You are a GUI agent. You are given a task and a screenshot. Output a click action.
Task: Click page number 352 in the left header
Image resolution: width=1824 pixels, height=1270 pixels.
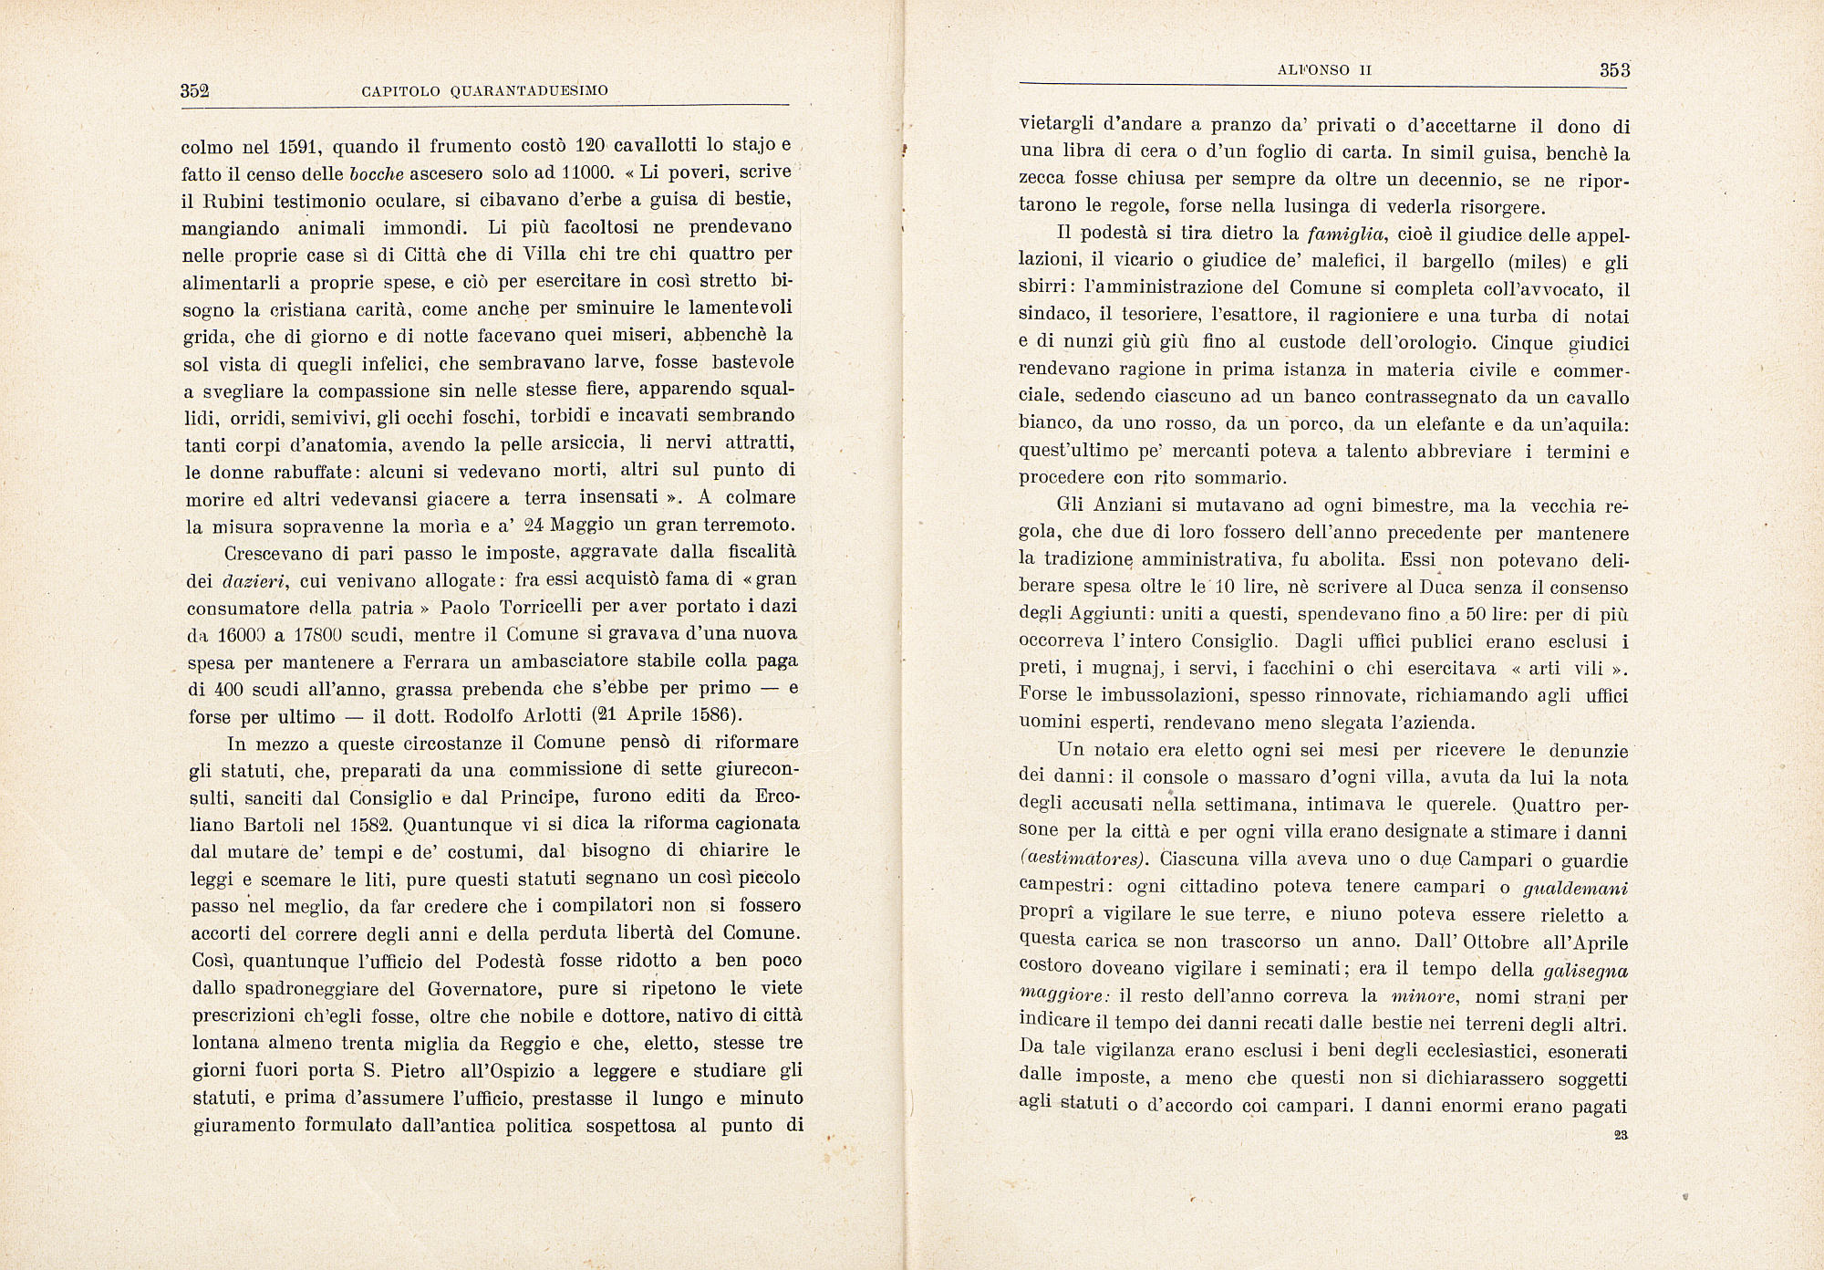coord(196,90)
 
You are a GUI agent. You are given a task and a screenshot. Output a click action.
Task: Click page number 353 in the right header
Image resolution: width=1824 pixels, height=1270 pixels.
coord(1614,69)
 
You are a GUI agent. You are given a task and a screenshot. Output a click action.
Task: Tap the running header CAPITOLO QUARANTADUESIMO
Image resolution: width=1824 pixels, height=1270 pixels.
coord(484,91)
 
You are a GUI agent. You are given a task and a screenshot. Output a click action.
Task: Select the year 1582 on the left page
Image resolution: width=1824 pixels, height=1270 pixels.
coord(370,824)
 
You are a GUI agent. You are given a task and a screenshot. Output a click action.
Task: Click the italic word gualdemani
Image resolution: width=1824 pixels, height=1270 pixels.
coord(1576,887)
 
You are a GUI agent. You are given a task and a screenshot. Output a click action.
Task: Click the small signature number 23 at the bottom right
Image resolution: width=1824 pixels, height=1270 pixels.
coord(1621,1136)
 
